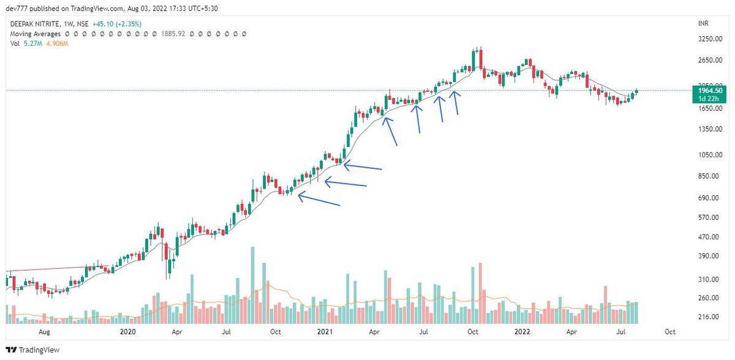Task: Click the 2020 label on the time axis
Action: pos(128,332)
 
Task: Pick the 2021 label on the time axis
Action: pos(325,332)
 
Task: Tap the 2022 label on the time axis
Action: pos(522,332)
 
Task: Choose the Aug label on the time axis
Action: pos(44,332)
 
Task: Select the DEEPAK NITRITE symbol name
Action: pos(34,24)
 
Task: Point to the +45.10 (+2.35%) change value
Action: pos(119,24)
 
